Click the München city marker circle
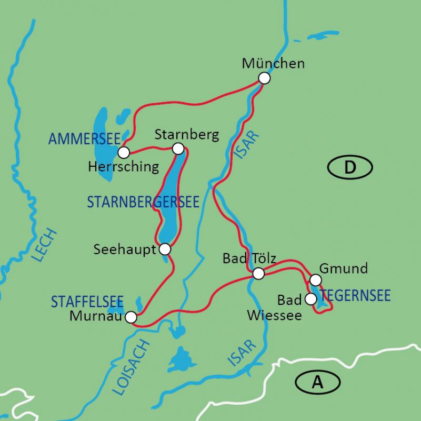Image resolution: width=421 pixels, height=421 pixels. point(264,78)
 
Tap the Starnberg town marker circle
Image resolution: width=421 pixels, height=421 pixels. point(178,148)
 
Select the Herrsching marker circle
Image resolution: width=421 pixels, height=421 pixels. point(124,153)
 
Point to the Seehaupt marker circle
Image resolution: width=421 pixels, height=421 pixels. point(165,248)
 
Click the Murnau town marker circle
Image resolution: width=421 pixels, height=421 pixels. point(131,317)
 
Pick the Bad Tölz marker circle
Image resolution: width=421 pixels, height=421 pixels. point(258,274)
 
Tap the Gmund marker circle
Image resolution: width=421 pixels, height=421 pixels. point(315,279)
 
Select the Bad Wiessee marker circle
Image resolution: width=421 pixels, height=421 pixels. point(311,299)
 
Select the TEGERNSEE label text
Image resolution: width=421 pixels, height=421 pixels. point(356,295)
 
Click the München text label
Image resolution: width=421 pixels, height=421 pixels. point(273,64)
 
